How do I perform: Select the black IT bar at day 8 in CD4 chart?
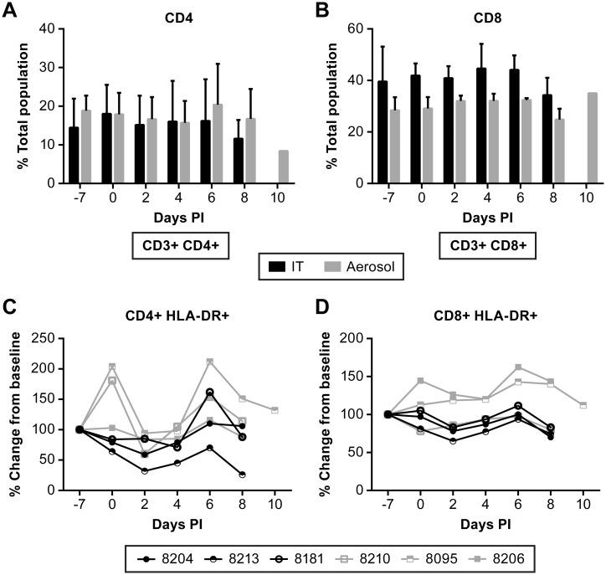(x=240, y=160)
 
